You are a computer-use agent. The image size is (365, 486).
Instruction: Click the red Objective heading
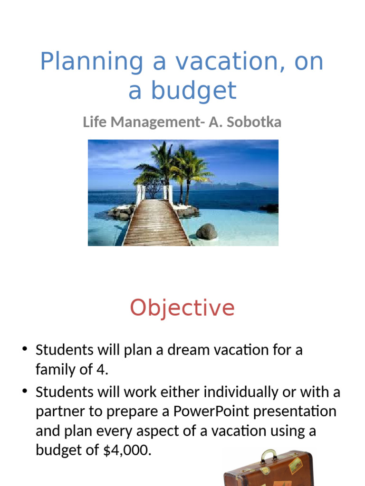click(182, 308)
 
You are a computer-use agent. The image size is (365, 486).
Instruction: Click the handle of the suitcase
click(269, 456)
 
